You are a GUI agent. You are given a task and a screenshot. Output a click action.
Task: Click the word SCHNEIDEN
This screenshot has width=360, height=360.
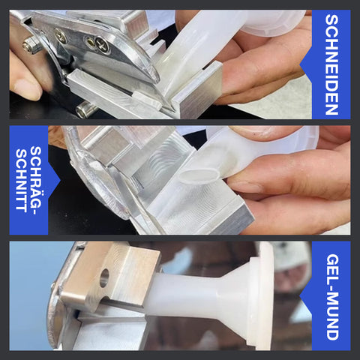331,64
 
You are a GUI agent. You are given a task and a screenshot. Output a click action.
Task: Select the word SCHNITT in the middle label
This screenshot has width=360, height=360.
21,181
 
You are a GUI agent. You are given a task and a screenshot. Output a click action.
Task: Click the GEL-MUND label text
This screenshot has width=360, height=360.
333,297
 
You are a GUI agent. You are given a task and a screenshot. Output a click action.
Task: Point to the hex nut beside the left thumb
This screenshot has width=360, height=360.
31,45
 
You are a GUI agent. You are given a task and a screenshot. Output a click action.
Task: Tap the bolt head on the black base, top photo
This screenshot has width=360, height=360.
84,109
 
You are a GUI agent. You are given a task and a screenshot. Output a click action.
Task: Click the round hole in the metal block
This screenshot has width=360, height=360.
104,277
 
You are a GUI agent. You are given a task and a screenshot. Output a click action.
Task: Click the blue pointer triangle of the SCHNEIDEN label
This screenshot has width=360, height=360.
306,65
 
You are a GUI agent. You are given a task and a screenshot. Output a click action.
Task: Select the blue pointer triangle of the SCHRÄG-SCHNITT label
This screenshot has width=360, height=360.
54,181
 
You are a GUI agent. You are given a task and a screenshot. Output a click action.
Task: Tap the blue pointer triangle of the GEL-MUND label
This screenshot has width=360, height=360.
306,297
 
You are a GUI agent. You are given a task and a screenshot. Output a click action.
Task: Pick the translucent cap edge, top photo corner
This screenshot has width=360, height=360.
272,24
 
